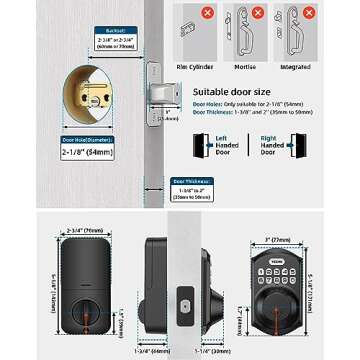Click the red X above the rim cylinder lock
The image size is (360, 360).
point(208,13)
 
